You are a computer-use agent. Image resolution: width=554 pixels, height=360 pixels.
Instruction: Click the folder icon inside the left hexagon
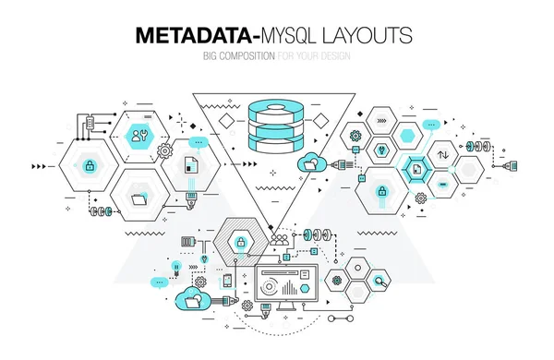139,196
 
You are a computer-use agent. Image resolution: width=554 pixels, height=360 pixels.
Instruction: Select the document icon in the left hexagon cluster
190,166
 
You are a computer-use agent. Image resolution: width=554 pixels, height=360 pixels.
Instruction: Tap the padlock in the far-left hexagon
90,166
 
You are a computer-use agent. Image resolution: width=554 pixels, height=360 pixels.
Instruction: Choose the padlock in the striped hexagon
240,243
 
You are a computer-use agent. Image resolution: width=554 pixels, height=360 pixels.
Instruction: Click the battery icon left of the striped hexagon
189,242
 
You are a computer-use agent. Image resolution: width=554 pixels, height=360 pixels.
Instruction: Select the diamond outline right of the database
321,122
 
